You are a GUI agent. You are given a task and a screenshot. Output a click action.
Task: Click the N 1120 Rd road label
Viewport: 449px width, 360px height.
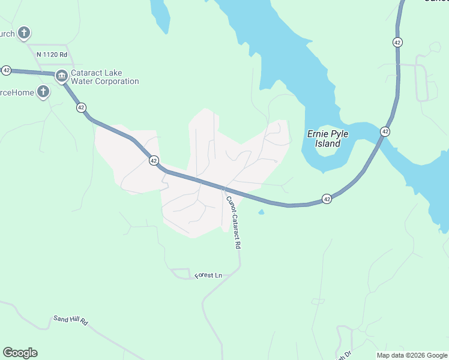tap(52, 54)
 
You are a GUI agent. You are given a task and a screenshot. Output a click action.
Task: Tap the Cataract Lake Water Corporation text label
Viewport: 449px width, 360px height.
tap(105, 77)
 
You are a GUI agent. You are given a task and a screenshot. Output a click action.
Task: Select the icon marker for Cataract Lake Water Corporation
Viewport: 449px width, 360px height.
tap(61, 76)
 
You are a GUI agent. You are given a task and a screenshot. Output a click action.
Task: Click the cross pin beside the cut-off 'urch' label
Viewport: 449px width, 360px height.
tap(24, 32)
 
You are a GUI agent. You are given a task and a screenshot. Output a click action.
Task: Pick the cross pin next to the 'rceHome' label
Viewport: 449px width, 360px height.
tap(43, 92)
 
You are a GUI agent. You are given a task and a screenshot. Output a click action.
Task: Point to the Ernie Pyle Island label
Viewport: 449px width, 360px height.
tap(324, 139)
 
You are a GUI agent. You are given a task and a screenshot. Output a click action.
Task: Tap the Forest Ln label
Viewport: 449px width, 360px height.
tap(208, 275)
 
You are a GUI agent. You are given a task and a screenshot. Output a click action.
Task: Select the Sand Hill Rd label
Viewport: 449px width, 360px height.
tap(70, 321)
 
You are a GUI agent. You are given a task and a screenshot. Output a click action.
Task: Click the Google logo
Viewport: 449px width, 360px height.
tap(20, 353)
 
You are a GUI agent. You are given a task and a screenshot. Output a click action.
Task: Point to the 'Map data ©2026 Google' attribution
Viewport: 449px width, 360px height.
tap(412, 355)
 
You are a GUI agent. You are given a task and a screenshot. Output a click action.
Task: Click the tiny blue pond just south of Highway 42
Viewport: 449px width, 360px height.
tap(261, 212)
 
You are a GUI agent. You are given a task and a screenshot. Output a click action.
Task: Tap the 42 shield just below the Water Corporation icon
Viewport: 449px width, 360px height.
tap(81, 107)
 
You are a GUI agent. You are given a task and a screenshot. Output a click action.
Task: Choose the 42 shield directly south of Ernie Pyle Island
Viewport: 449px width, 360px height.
tap(327, 199)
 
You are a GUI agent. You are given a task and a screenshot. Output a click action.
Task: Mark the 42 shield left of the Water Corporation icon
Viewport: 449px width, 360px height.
tap(6, 70)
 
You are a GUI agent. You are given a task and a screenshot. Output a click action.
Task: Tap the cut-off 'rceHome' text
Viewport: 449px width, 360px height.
tap(16, 92)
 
